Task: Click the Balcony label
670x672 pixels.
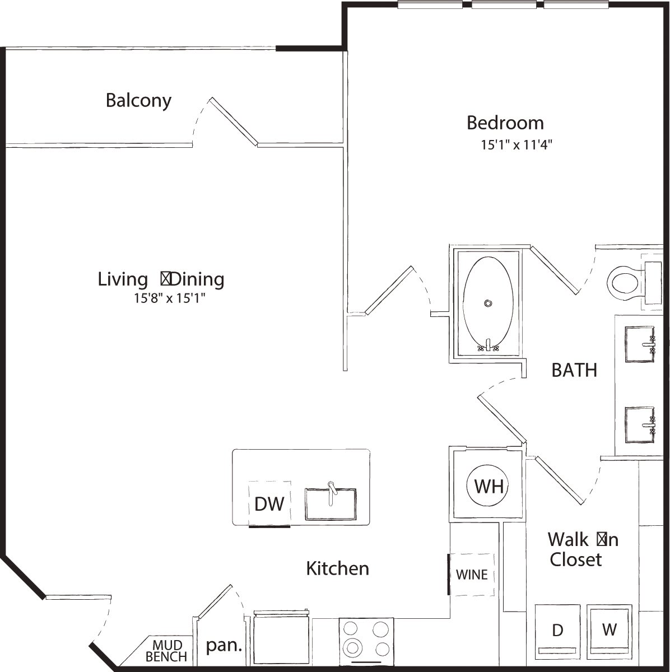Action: [x=138, y=101]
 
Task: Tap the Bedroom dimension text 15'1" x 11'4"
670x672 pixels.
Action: [x=517, y=145]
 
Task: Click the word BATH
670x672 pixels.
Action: [x=574, y=370]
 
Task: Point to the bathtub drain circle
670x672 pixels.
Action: [x=488, y=304]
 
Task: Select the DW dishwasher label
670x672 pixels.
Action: [x=269, y=504]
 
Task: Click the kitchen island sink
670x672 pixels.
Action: [x=331, y=504]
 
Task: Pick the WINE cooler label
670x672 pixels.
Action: [x=472, y=575]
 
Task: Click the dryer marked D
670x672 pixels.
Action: [x=557, y=630]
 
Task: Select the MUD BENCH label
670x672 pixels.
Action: [x=166, y=650]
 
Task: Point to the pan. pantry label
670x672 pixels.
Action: [x=224, y=646]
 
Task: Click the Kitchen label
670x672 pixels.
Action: [x=337, y=568]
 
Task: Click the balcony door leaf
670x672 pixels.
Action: [x=234, y=122]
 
